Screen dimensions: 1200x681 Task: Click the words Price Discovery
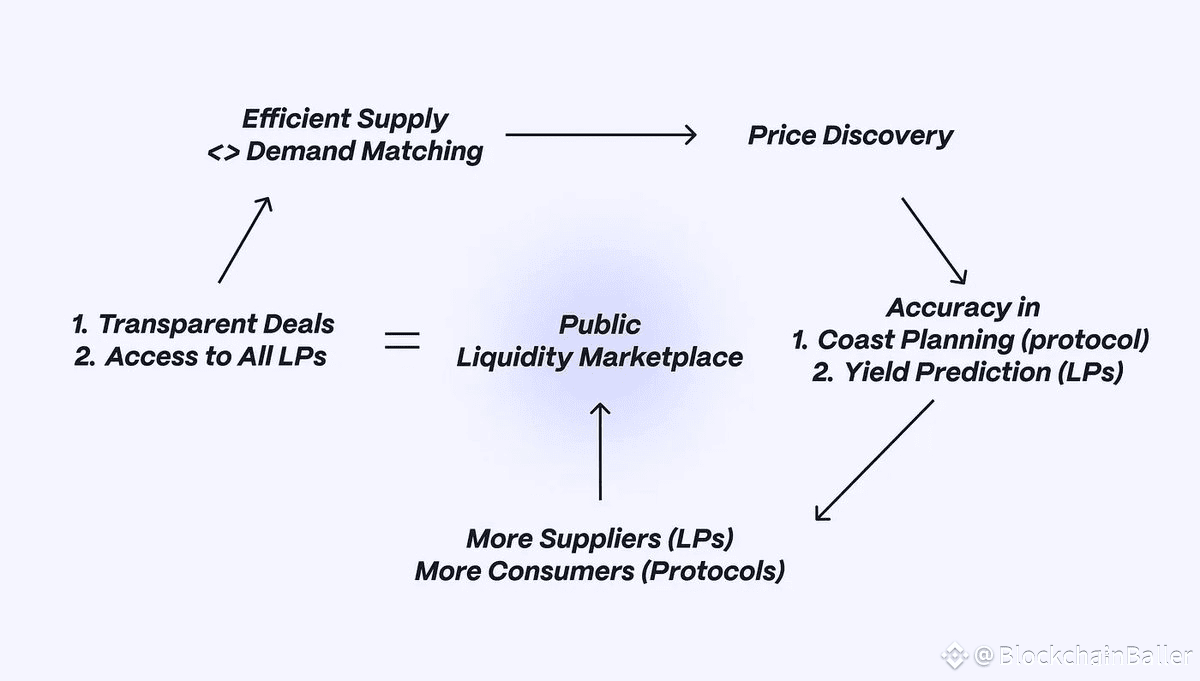click(850, 136)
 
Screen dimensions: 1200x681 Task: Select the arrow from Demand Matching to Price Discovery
click(600, 134)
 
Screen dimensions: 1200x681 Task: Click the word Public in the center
click(600, 325)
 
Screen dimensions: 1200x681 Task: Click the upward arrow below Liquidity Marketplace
click(600, 450)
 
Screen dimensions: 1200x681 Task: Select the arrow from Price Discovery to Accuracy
click(934, 240)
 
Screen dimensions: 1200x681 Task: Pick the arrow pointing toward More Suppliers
click(875, 460)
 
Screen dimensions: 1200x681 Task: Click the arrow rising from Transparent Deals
click(245, 239)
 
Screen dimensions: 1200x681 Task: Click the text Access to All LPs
click(215, 357)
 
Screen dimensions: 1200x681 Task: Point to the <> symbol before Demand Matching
click(222, 152)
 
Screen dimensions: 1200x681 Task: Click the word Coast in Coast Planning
click(853, 340)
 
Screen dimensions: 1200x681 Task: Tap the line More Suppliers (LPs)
click(600, 539)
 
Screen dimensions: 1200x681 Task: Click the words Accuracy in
click(963, 307)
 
